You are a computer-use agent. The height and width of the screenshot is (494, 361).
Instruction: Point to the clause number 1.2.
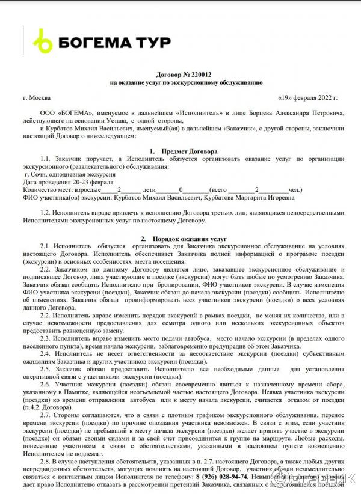tap(46, 213)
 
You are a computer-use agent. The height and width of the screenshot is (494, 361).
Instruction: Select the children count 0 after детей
tap(180, 189)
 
